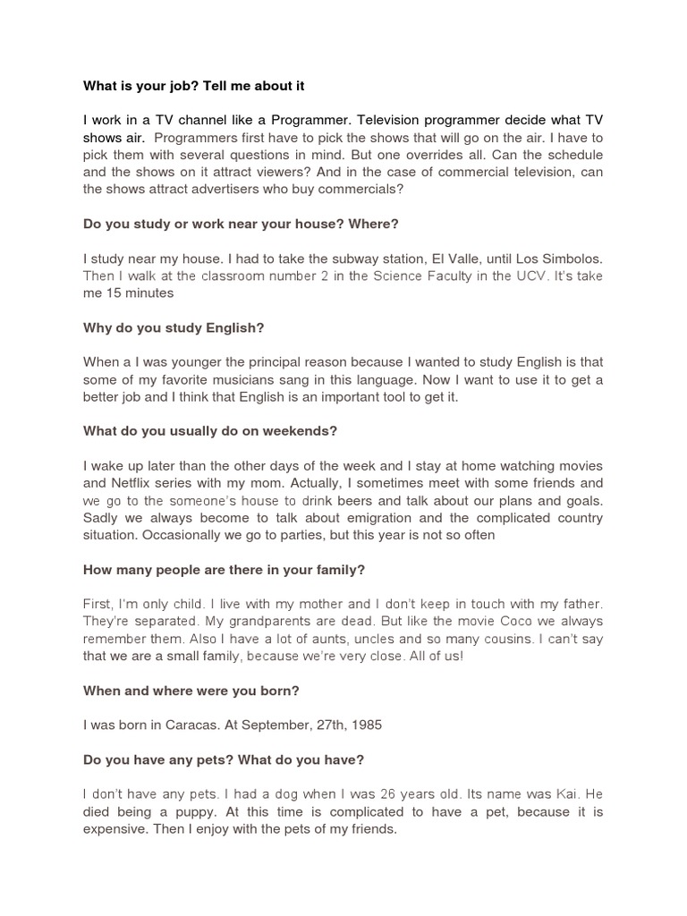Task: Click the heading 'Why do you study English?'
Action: [x=174, y=328]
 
